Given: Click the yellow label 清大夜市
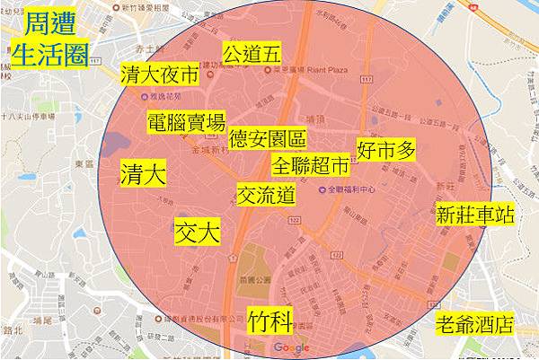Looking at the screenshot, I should (x=158, y=75).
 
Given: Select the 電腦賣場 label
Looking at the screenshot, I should (x=187, y=123).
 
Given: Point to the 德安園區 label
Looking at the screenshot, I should (x=268, y=140).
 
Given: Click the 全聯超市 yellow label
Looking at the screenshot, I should (x=310, y=166).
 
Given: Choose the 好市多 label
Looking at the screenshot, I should (x=387, y=149).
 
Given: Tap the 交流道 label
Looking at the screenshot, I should (x=267, y=193).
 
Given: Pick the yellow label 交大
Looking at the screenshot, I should (x=197, y=231).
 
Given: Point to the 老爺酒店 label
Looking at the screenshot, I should (x=473, y=323).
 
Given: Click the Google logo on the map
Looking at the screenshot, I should (x=291, y=347).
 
